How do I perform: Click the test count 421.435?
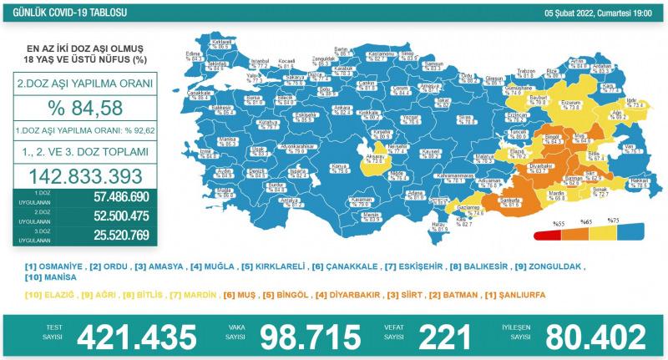138,337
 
